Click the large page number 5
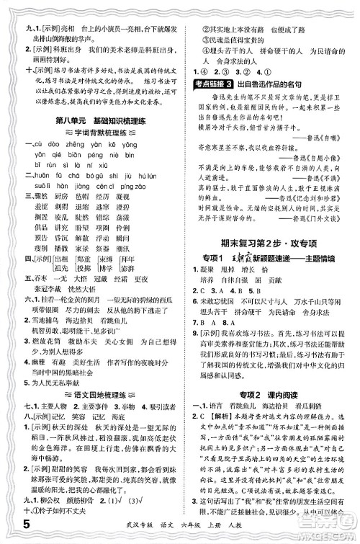10,532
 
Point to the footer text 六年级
132,532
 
